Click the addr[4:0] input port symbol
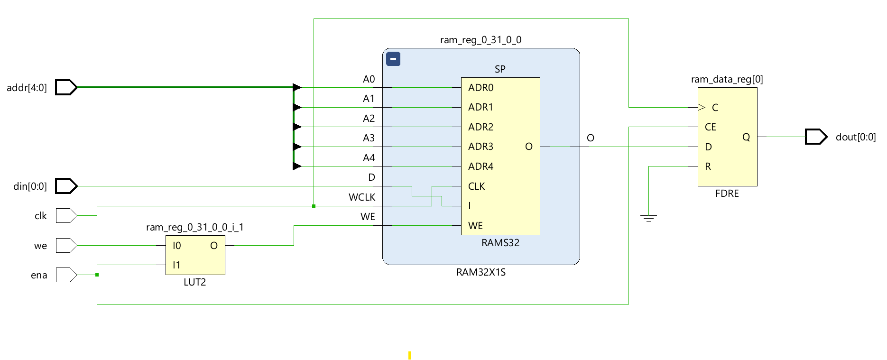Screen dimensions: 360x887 66,87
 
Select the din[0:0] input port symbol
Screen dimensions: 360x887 66,186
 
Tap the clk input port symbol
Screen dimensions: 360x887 66,215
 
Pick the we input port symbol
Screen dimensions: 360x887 66,245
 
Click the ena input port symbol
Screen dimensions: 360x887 66,275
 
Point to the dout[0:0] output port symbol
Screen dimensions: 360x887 816,137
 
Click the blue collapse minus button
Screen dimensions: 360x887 393,59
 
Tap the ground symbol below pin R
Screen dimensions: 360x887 648,218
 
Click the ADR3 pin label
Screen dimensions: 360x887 480,147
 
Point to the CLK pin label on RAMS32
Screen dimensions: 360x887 476,186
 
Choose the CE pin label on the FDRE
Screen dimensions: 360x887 710,127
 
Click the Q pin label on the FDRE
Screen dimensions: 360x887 746,137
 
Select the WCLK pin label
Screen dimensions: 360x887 362,197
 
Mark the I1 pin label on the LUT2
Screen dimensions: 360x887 176,265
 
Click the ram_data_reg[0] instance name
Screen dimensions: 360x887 727,79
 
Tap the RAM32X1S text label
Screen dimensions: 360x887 481,272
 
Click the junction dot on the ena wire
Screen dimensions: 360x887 97,275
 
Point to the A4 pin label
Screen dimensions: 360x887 369,158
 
